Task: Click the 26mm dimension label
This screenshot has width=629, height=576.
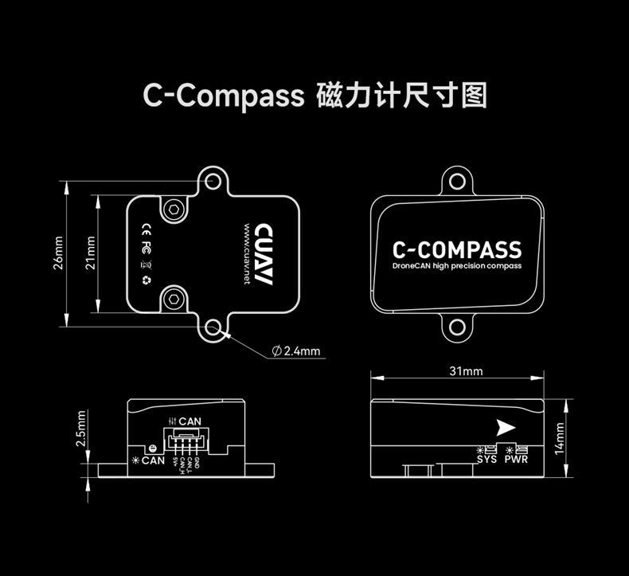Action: coord(57,254)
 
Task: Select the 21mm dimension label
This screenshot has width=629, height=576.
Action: coord(91,253)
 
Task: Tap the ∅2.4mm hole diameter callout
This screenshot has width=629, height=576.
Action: coord(296,351)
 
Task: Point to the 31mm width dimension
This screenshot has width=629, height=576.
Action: coord(466,371)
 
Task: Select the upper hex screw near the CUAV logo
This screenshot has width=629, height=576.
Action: coord(174,210)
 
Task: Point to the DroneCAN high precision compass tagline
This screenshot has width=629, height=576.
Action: coord(457,266)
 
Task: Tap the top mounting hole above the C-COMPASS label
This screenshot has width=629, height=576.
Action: coord(457,181)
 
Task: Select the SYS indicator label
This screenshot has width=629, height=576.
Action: coord(486,458)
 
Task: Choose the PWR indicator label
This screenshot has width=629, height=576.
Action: coord(516,458)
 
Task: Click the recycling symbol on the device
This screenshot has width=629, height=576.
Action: coord(146,280)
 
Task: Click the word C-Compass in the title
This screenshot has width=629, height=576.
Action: coord(224,95)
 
